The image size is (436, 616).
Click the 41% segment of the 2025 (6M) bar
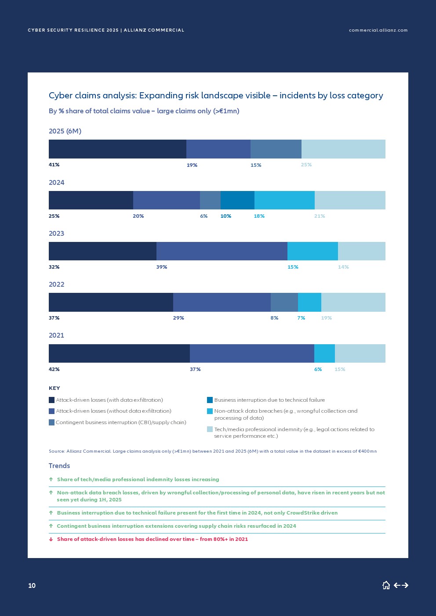117,149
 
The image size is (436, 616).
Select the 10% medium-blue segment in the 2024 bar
237,200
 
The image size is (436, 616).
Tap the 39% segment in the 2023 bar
222,251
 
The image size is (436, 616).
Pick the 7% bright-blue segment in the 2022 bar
309,302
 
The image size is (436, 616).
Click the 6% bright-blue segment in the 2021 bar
324,353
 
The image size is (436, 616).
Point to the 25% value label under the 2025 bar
306,165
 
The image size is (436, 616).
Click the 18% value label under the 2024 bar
259,216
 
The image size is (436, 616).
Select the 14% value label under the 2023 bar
343,267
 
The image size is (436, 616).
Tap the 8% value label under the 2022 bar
274,318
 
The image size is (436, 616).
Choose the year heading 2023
56,234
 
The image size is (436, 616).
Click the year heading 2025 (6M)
65,131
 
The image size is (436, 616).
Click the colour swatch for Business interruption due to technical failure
210,400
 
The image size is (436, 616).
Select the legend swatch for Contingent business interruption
51,422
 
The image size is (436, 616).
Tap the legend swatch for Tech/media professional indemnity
210,429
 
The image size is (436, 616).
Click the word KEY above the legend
54,388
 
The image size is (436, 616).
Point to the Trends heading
59,466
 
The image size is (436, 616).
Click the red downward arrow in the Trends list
51,539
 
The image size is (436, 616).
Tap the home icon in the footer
386,585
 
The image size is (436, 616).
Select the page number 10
32,585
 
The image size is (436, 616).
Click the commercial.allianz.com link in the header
378,30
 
